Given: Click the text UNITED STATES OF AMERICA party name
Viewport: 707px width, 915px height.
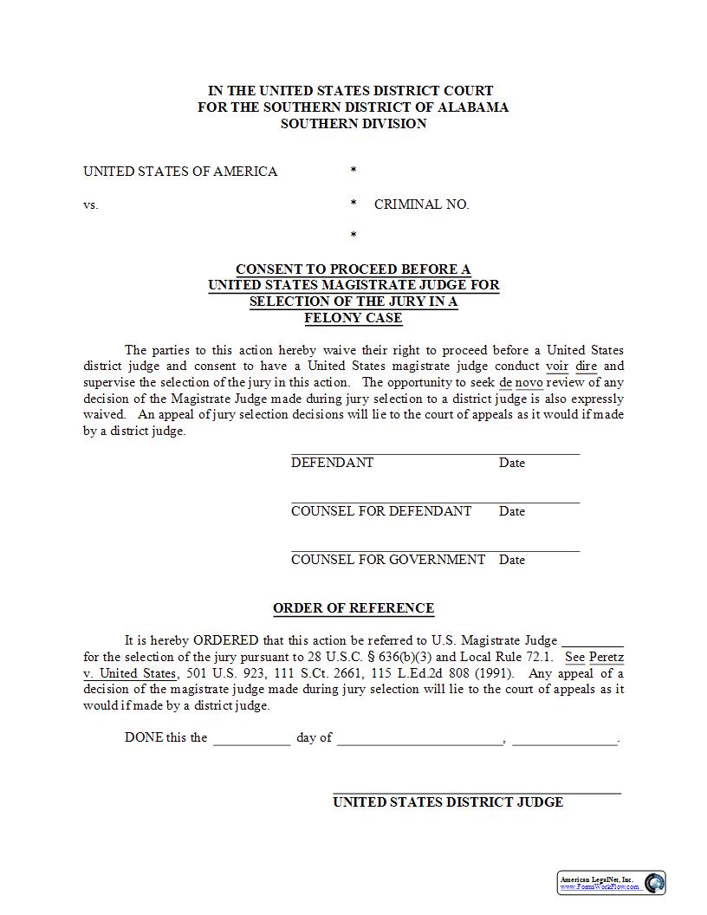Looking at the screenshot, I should click(x=180, y=172).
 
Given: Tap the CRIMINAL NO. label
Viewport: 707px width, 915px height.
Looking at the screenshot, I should click(x=421, y=204).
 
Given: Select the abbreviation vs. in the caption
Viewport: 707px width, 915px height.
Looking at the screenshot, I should click(x=91, y=204).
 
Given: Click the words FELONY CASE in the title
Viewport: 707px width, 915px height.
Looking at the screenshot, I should click(x=353, y=318).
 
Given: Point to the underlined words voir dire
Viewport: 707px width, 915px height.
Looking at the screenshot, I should click(x=572, y=367).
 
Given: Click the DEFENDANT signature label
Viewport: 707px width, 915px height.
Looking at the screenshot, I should click(x=332, y=463).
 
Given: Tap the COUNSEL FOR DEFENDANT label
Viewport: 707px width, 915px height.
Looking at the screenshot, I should click(x=381, y=511).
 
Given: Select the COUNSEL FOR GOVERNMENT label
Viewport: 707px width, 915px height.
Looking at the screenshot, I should click(x=388, y=560).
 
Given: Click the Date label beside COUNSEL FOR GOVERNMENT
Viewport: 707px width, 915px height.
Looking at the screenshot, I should click(x=512, y=560).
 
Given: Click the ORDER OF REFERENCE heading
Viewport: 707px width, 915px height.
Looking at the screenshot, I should click(x=353, y=608).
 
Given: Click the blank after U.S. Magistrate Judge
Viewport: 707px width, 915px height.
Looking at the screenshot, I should click(x=593, y=641).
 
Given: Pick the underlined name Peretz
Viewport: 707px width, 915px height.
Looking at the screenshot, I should click(x=606, y=658).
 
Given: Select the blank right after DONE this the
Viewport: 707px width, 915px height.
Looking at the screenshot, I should click(x=251, y=739).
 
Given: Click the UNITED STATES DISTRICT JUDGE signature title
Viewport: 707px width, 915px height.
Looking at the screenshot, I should click(x=448, y=802).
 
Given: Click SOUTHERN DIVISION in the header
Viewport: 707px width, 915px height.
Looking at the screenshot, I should click(x=353, y=124).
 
